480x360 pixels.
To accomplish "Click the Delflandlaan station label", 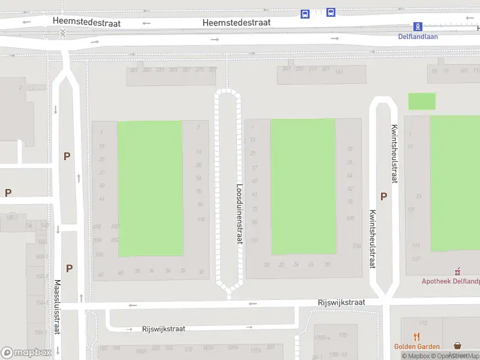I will (418, 36).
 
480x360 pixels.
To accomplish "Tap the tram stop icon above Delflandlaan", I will (418, 26).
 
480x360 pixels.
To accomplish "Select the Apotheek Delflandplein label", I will (451, 281).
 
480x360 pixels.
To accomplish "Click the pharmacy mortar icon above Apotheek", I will (458, 271).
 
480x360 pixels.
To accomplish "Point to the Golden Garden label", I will (416, 347).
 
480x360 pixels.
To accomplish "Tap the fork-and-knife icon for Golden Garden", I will (416, 337).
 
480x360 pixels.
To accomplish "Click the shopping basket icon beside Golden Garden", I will (458, 346).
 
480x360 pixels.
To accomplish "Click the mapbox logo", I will (26, 353).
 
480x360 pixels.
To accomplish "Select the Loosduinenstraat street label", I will (239, 213).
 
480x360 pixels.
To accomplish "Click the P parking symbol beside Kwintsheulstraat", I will (383, 196).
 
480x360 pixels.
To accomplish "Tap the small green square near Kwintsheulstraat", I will (422, 101).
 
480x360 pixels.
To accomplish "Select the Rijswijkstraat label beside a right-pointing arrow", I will (163, 329).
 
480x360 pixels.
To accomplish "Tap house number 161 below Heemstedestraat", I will (339, 72).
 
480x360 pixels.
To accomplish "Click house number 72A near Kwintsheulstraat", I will (356, 245).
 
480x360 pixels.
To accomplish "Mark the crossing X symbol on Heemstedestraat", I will (62, 34).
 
